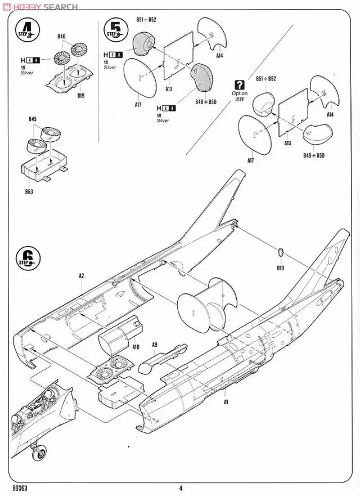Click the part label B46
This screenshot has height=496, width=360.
point(61,37)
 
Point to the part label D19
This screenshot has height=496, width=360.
point(80,96)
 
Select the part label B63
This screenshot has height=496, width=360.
point(30,191)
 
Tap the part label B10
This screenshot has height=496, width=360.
point(280,268)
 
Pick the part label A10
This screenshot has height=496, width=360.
point(136,347)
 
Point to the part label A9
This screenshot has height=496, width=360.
point(154,345)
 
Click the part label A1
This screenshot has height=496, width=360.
point(226,403)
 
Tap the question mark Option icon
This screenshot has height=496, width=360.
point(240,84)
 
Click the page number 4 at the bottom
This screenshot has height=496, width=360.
point(181,488)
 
